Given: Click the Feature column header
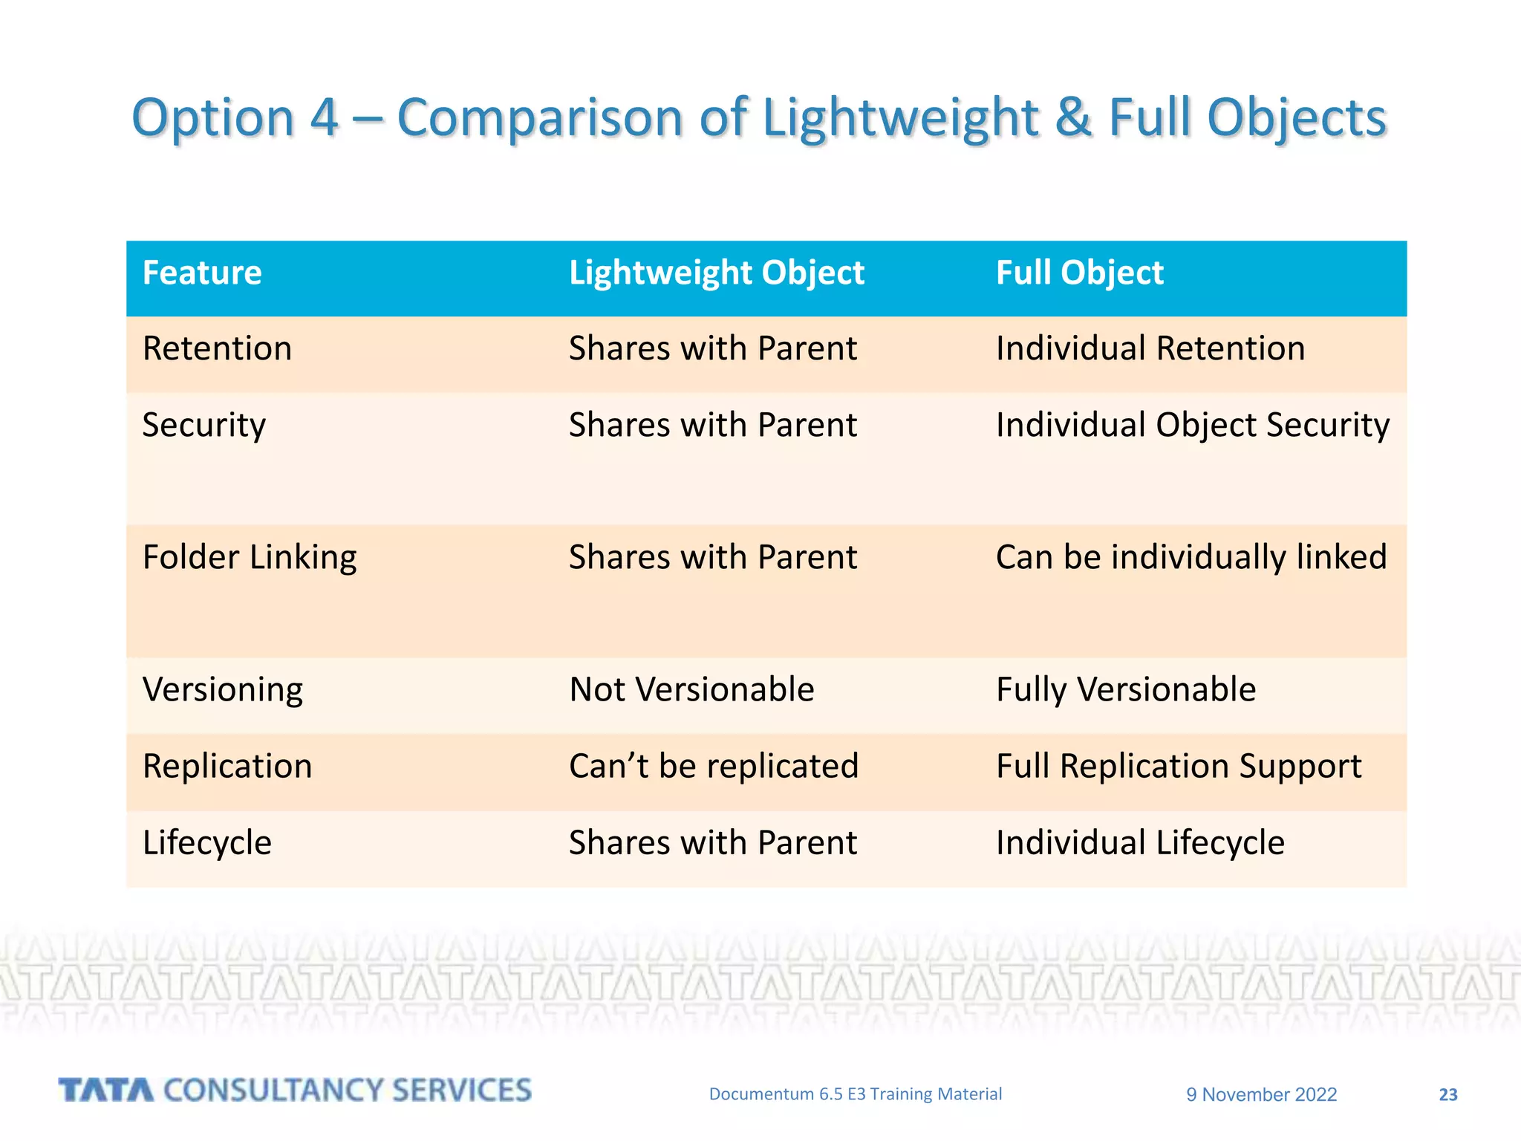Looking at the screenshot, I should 202,273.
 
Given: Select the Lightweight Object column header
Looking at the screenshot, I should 716,273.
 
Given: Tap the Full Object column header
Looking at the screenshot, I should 1079,273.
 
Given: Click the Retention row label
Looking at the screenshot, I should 217,349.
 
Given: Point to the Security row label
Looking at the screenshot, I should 203,426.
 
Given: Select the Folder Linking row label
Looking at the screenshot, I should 250,558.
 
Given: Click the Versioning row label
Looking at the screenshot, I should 222,690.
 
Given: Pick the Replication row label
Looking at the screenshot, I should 227,767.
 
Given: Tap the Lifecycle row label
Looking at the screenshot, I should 207,843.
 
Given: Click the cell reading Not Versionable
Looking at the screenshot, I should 691,690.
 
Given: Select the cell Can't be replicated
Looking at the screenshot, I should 713,767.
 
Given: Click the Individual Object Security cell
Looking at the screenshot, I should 1192,426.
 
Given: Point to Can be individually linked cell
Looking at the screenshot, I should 1191,558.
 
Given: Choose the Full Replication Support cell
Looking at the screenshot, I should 1179,767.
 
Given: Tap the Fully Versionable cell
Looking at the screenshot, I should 1125,690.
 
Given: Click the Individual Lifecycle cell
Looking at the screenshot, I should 1139,843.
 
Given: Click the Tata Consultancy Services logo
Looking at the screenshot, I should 295,1090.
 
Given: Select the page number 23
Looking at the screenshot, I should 1447,1094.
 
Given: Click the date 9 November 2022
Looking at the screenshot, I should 1261,1094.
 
